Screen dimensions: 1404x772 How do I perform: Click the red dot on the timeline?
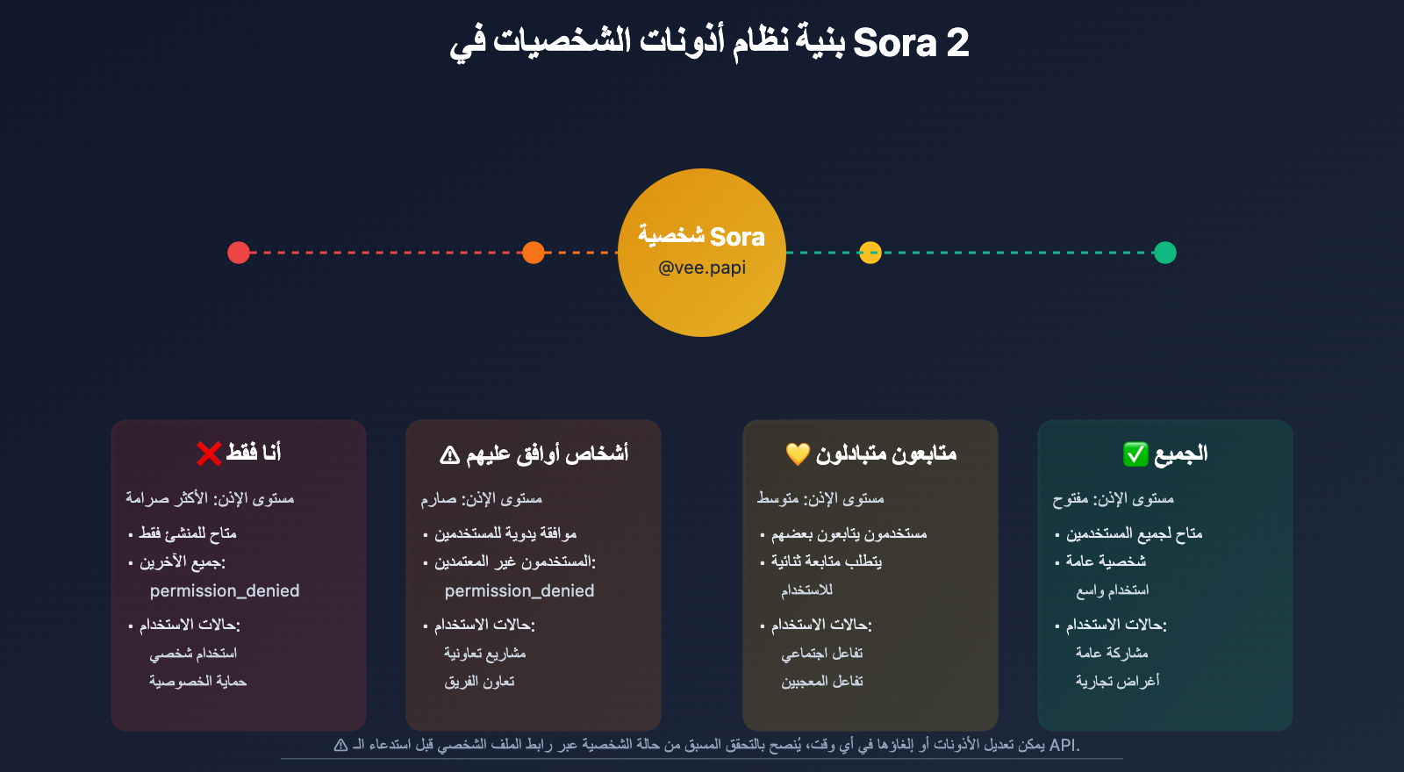click(x=238, y=253)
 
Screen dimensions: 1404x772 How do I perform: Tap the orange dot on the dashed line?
click(x=534, y=253)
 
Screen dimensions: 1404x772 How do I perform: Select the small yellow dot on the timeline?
click(x=870, y=253)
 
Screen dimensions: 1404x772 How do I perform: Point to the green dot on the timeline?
click(x=1165, y=253)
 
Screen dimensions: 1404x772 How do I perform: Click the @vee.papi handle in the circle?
click(x=702, y=268)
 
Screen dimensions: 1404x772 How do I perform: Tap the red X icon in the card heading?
click(x=209, y=454)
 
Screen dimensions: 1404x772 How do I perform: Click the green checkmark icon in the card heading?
click(x=1135, y=454)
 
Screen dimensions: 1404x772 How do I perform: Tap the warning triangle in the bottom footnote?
click(x=340, y=745)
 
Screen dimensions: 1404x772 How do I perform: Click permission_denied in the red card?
click(x=225, y=591)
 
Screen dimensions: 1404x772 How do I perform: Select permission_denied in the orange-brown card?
click(x=519, y=591)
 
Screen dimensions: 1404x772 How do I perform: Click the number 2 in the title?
click(x=957, y=43)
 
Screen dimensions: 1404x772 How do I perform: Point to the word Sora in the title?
click(x=894, y=43)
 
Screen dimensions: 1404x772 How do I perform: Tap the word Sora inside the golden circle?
click(x=737, y=237)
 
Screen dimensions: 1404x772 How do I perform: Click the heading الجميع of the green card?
click(x=1181, y=454)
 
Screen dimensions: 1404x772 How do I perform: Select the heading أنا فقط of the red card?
click(x=254, y=453)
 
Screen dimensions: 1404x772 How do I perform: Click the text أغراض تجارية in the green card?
click(x=1118, y=681)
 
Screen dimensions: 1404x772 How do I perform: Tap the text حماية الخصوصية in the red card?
click(x=198, y=681)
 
